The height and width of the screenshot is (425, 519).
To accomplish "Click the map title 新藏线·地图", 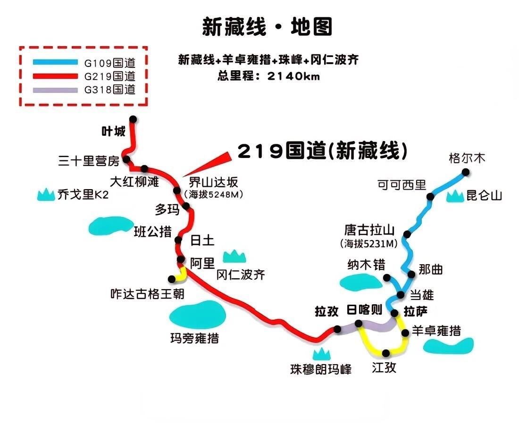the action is pos(267,27).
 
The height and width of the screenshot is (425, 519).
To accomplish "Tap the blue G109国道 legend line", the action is pos(55,62).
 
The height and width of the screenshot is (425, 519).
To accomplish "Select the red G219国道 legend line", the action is pos(55,76).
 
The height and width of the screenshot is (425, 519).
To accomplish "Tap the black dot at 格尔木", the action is pos(466,173).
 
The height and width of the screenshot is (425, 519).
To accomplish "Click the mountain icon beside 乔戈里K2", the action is pos(46,194).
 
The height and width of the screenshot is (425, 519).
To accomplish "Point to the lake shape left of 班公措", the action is pos(108,225).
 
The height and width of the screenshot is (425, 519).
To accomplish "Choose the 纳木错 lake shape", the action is pos(361,282).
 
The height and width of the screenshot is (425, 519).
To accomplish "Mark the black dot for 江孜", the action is pos(386,353).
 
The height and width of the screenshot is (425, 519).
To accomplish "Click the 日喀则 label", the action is pos(365,310).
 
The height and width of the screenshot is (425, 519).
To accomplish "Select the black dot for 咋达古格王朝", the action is pos(171,278).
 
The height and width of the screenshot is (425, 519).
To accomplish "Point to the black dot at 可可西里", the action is pos(430,197).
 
